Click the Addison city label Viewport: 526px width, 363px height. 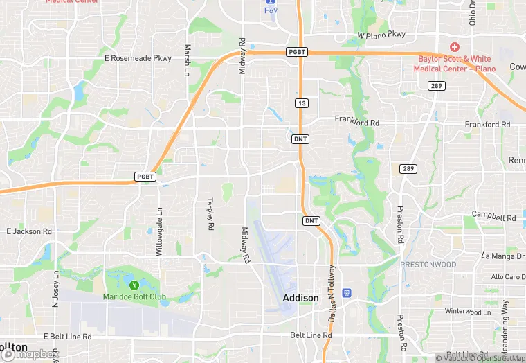(301, 298)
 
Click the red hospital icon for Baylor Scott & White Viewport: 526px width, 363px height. (454, 47)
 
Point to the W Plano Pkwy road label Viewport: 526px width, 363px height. (381, 35)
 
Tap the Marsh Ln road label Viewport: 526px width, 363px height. (188, 60)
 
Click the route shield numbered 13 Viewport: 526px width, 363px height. (300, 103)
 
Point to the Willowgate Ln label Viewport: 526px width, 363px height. (158, 231)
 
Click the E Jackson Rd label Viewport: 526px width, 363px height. (29, 231)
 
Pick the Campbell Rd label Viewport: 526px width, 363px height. (494, 216)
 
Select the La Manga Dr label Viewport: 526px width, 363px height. (494, 256)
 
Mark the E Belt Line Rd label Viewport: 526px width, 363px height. (67, 337)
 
